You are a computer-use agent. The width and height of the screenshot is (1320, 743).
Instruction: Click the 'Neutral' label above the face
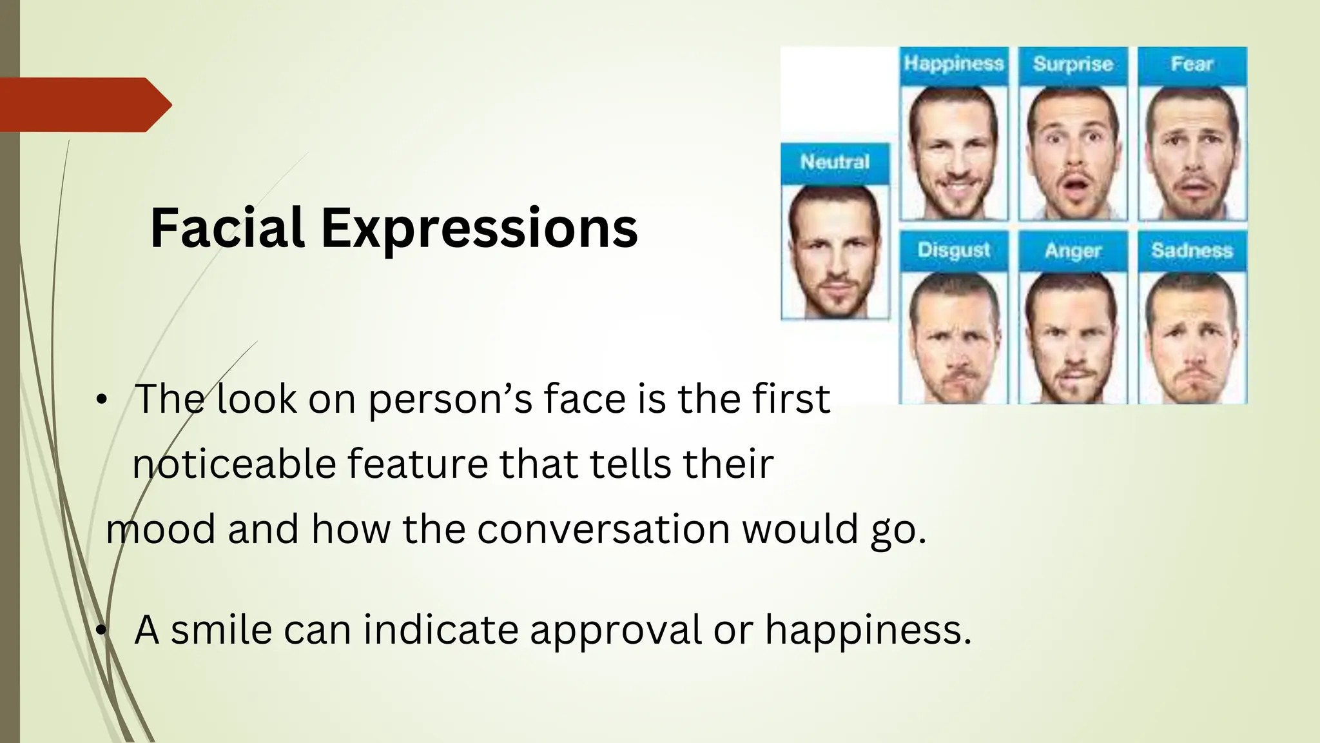coord(835,162)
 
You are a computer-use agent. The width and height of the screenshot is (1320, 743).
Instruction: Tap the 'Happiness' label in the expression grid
coord(953,64)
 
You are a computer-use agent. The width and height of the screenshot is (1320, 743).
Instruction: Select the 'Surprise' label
coord(1073,64)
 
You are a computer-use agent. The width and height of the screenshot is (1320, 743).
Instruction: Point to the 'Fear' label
coord(1192,64)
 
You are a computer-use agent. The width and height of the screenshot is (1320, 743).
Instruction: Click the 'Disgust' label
coord(953,250)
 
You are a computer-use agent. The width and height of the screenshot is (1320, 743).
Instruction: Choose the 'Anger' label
coord(1073,250)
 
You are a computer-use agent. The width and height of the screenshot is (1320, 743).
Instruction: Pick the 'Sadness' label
coord(1192,250)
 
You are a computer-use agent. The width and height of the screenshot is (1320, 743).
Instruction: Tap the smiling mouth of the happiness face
coord(955,188)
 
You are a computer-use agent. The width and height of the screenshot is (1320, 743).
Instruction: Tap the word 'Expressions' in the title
coord(479,229)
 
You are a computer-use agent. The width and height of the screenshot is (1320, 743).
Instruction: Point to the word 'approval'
coord(616,631)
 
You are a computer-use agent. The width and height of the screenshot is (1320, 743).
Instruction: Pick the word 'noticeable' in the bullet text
coord(234,463)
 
